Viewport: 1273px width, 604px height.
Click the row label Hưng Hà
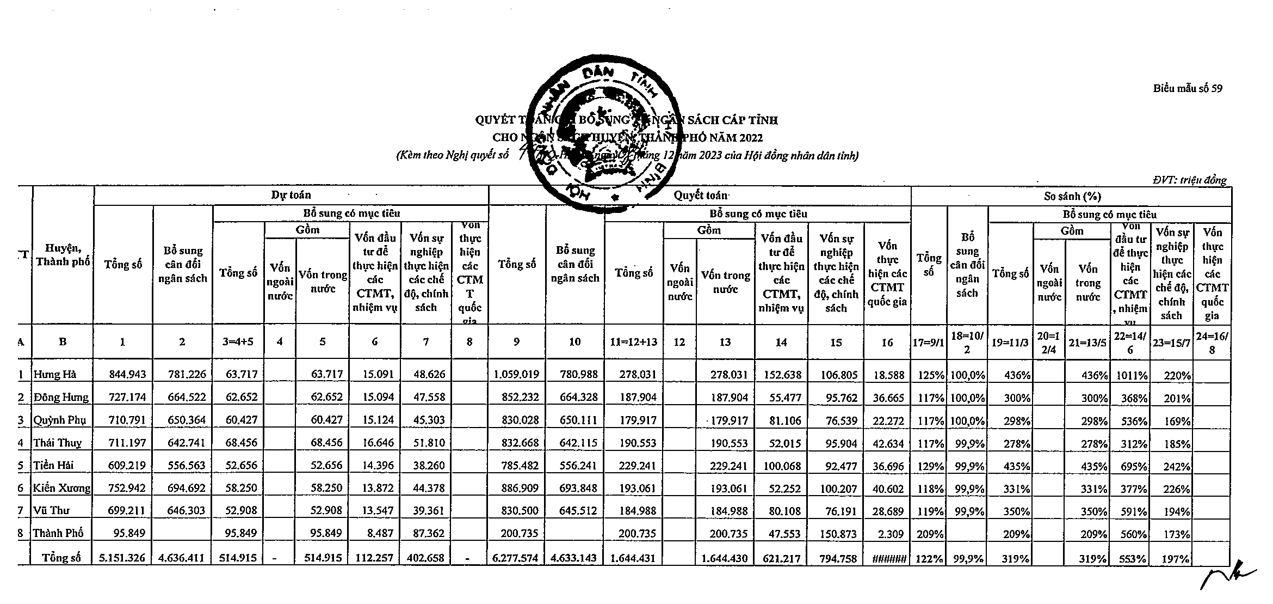point(55,375)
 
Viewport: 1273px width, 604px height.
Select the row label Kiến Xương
point(61,488)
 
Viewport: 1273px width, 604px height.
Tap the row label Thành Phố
point(58,533)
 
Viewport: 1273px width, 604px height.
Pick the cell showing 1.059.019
point(516,375)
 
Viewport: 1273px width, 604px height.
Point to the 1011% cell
point(1130,376)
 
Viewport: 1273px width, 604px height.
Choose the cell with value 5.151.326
point(123,558)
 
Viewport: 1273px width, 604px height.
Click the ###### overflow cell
point(887,558)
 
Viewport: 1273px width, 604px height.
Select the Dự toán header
point(291,195)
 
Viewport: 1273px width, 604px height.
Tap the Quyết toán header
point(700,195)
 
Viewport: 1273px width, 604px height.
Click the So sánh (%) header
point(1072,197)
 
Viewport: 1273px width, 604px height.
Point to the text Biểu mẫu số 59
point(1188,89)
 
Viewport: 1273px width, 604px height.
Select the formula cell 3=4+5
point(238,342)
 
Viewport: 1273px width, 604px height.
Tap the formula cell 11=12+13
point(634,342)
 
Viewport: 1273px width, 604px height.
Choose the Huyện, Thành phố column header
point(63,255)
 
